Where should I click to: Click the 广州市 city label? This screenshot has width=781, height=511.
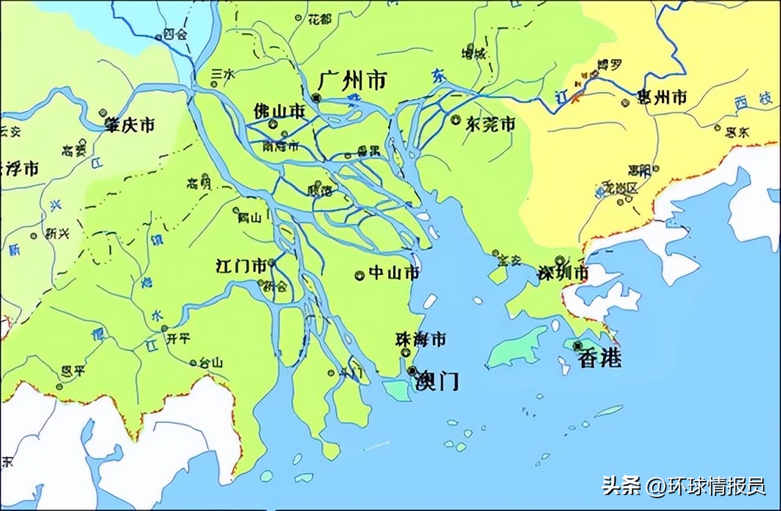pos(353,80)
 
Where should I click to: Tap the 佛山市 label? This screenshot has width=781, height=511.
pos(279,112)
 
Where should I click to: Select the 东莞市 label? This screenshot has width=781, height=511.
pos(491,124)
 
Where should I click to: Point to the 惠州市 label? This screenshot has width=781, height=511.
pos(661,96)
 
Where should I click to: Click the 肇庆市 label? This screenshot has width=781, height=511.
pos(129,125)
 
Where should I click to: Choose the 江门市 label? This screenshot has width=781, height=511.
pos(241,266)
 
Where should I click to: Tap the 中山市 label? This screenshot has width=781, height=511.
pos(395,273)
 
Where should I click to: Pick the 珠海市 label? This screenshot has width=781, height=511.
pos(420,340)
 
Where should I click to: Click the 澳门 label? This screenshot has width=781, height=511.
pos(436,381)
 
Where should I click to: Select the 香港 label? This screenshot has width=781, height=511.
pos(601,359)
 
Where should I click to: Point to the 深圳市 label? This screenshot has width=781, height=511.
pos(562,273)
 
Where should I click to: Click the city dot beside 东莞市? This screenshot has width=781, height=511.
pos(455,120)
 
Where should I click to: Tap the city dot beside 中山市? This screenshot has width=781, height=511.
pos(359,275)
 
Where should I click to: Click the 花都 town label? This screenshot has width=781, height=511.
pos(320,20)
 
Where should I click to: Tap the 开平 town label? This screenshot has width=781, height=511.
pos(178,338)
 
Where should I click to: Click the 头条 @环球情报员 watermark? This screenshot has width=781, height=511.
pos(683,486)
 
